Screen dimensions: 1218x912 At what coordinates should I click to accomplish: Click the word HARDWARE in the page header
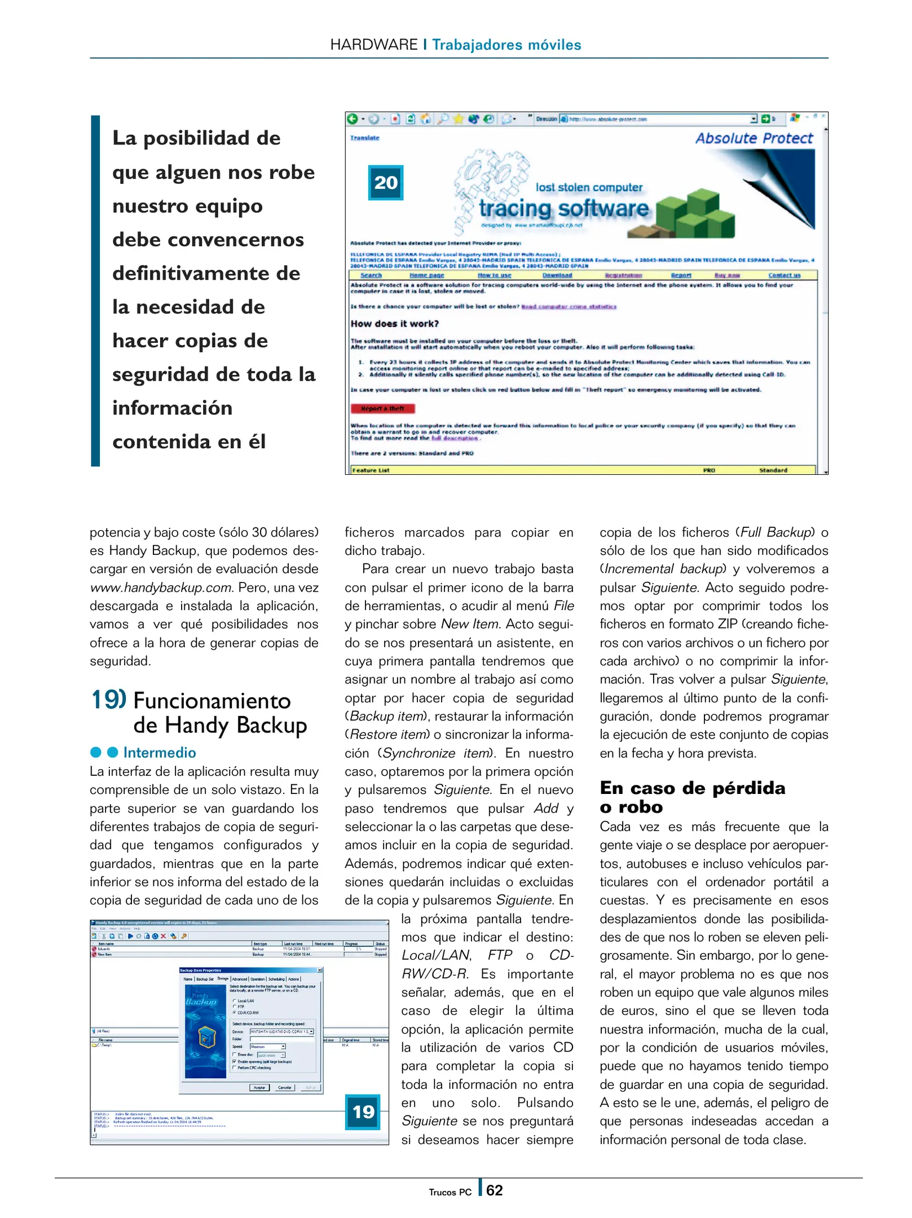click(373, 45)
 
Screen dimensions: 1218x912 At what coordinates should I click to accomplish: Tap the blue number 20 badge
click(386, 183)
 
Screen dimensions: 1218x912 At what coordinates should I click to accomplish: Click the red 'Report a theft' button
click(382, 408)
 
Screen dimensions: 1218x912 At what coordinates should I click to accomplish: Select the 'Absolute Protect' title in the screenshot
click(754, 138)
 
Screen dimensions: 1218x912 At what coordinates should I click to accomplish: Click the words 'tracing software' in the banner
click(563, 209)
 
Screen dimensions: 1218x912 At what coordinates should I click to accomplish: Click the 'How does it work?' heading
click(394, 324)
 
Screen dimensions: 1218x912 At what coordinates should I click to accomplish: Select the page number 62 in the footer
click(494, 1190)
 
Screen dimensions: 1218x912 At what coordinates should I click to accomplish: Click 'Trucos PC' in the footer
click(450, 1192)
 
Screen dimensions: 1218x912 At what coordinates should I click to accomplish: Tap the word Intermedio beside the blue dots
click(160, 752)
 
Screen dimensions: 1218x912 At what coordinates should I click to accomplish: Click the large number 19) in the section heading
click(108, 700)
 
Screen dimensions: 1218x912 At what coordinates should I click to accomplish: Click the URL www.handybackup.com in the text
click(161, 588)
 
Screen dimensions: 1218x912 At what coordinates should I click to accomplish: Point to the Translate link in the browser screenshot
click(364, 138)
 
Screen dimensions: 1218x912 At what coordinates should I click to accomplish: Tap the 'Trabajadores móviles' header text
click(506, 45)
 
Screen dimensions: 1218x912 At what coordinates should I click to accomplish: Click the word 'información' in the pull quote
click(172, 408)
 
